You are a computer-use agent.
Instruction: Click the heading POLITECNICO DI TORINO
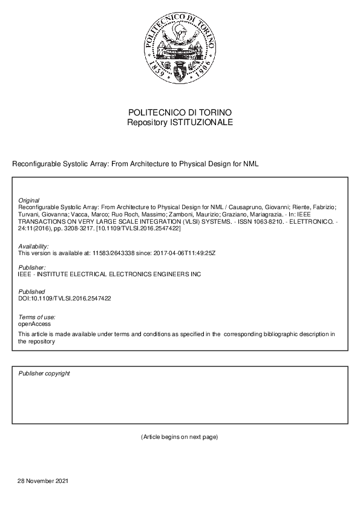(x=180, y=113)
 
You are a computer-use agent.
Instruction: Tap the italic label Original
(x=29, y=200)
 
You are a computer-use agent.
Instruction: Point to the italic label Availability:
(x=34, y=247)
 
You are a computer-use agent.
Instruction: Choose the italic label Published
(x=31, y=292)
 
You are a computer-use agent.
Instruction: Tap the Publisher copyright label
(x=44, y=374)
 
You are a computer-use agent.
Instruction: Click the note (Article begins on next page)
(x=179, y=436)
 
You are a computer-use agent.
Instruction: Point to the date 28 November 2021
(x=43, y=481)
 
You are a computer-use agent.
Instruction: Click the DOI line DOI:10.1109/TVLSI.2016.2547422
(x=65, y=299)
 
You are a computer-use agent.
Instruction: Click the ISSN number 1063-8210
(x=223, y=222)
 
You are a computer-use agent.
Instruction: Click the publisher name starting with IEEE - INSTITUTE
(x=110, y=274)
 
